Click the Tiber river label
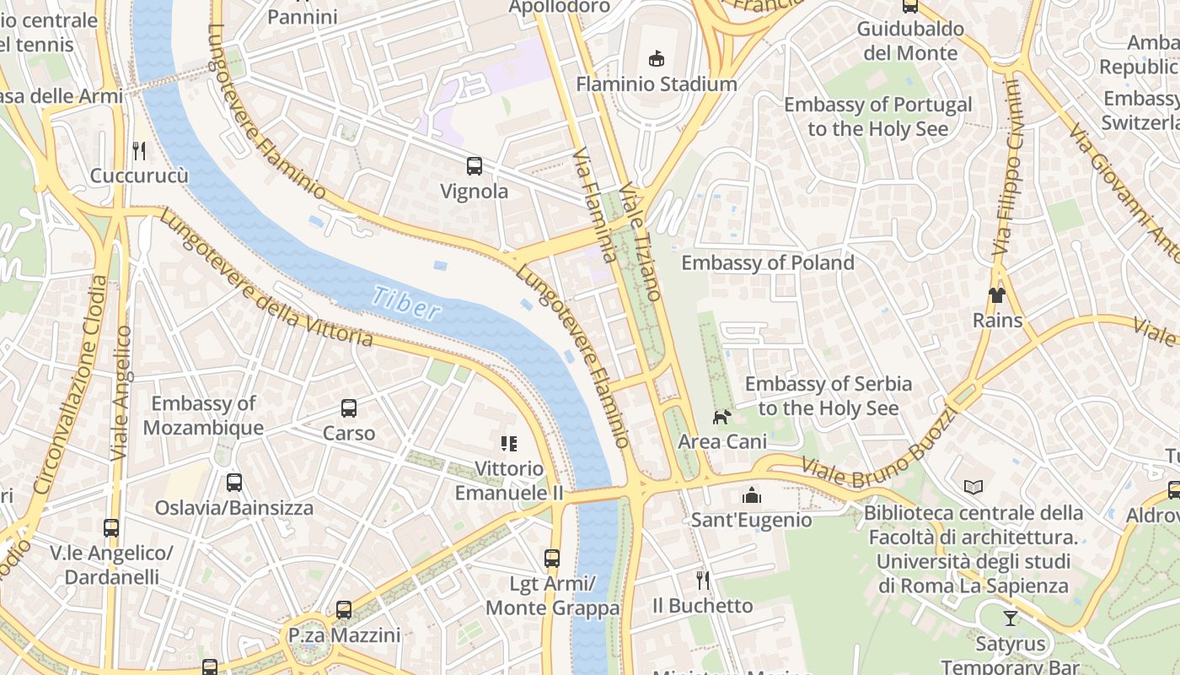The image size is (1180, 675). [x=406, y=302]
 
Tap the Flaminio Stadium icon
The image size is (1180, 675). [x=656, y=58]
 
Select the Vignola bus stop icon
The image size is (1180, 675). [x=475, y=165]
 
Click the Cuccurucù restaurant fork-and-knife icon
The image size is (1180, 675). [x=139, y=150]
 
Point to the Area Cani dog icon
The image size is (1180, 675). [x=721, y=416]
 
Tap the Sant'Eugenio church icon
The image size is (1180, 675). [x=751, y=494]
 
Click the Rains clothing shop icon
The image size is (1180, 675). [x=997, y=294]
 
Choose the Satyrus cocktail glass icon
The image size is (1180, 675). [x=1010, y=618]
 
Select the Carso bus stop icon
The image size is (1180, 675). [x=349, y=408]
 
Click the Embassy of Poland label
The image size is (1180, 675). [x=767, y=262]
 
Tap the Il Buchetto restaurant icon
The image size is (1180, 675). [x=703, y=580]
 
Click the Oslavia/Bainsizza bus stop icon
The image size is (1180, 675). [x=234, y=483]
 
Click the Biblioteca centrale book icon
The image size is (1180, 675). [x=973, y=487]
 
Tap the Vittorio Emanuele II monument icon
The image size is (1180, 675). [x=508, y=443]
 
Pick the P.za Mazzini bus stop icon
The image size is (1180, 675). [x=343, y=609]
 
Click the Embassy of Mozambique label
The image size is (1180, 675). [x=203, y=415]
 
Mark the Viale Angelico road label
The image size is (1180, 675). [x=121, y=393]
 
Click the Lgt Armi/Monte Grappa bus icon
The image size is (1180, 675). [x=552, y=558]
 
